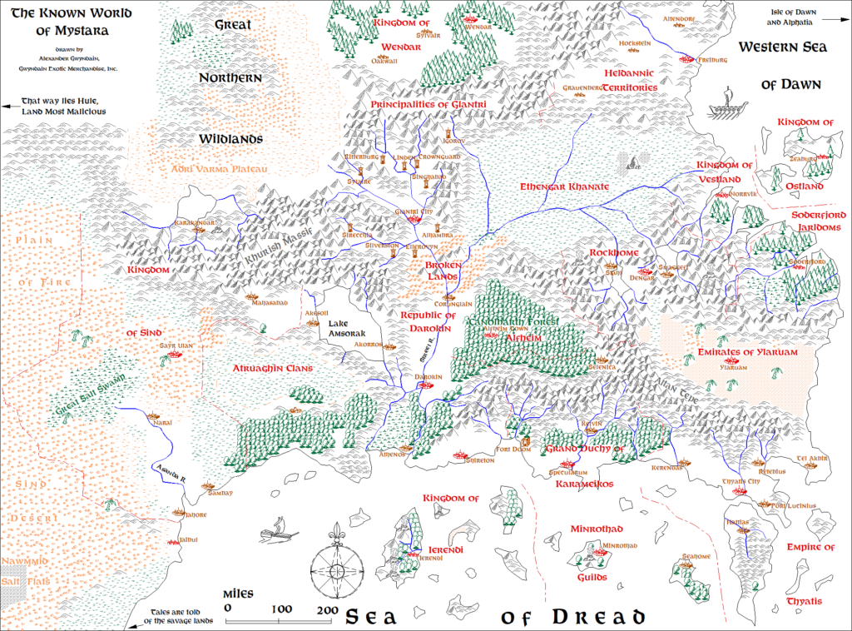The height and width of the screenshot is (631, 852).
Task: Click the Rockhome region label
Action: click(613, 252)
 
